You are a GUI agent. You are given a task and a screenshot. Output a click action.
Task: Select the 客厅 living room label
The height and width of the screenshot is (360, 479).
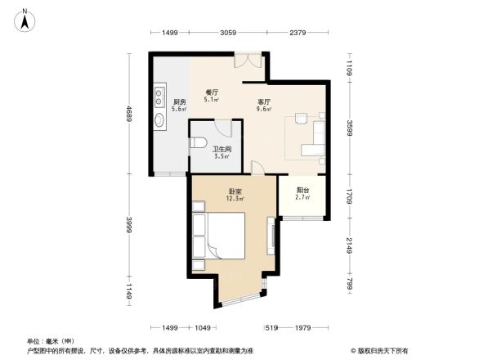(x=263, y=101)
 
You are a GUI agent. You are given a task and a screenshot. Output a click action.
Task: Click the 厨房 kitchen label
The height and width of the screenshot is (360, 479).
(x=180, y=101)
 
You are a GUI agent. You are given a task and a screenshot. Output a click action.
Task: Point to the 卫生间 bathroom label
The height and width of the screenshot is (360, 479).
(x=220, y=149)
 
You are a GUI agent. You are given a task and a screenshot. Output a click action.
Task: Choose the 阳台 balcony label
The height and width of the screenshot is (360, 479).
(x=302, y=190)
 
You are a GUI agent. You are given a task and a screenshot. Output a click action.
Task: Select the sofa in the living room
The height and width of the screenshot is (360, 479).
(x=312, y=139)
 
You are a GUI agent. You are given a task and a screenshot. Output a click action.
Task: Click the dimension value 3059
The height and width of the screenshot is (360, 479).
(x=228, y=33)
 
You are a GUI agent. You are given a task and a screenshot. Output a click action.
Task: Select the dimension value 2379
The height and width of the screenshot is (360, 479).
(x=297, y=33)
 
